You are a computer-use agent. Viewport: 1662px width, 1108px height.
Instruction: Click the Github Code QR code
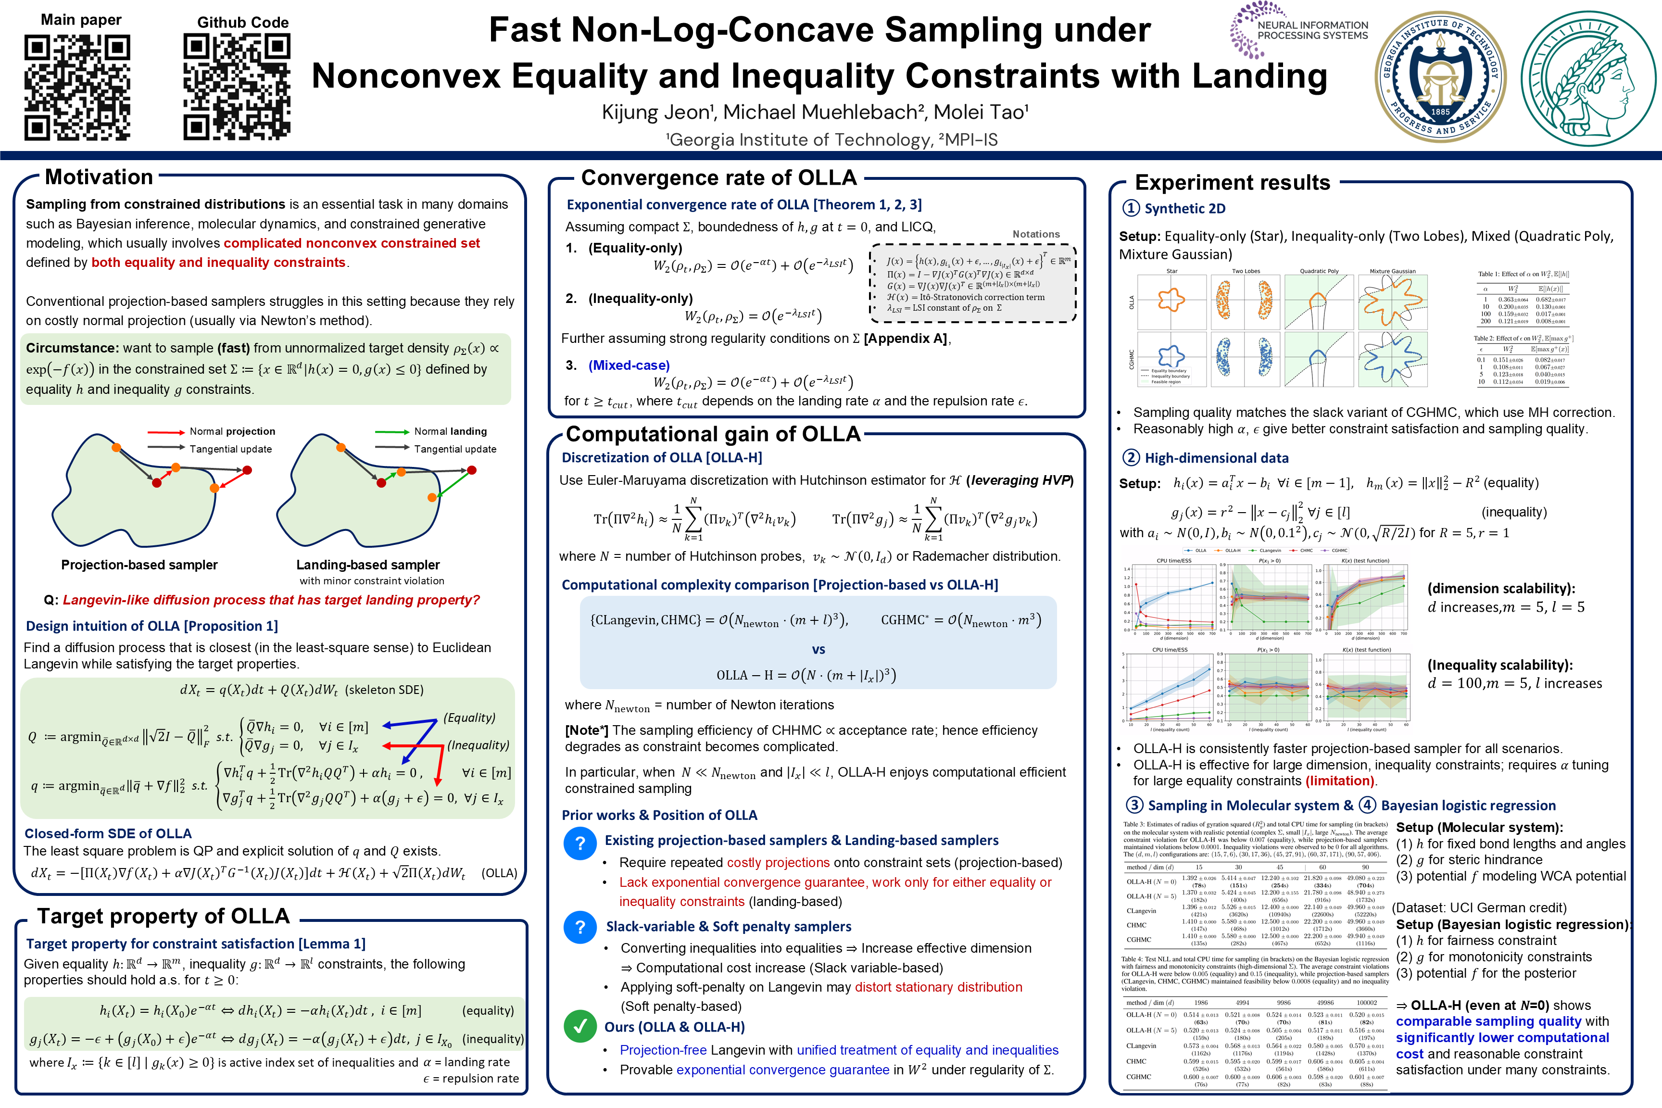point(237,87)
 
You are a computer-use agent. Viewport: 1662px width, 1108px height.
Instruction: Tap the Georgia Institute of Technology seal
point(1440,76)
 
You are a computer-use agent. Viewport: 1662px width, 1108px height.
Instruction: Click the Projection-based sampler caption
point(139,565)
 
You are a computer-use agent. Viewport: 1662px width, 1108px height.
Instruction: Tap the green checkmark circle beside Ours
point(580,1026)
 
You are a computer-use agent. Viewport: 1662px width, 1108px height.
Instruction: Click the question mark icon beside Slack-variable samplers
point(580,926)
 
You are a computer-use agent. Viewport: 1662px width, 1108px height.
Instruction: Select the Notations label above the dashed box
point(1036,234)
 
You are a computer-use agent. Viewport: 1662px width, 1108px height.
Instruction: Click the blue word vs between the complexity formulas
point(818,649)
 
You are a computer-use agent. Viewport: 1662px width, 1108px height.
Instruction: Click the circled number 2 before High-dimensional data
point(1131,457)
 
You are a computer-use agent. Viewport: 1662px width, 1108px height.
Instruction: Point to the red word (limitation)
point(1340,781)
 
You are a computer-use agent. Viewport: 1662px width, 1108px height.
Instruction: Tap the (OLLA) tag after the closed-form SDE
point(499,873)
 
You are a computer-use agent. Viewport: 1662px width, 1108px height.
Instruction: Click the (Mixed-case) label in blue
point(629,365)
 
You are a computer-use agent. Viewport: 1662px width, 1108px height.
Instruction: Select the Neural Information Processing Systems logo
point(1299,30)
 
